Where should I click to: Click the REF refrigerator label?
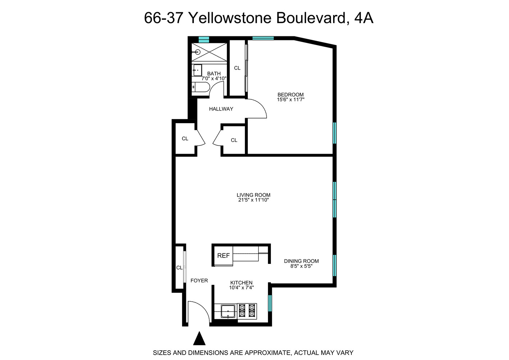pyautogui.click(x=223, y=256)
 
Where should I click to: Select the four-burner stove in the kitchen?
pyautogui.click(x=247, y=311)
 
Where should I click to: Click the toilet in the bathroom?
pyautogui.click(x=200, y=87)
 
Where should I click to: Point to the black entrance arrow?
pyautogui.click(x=199, y=339)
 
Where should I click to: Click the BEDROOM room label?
pyautogui.click(x=290, y=95)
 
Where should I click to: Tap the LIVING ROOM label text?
pyautogui.click(x=253, y=195)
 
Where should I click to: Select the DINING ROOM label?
pyautogui.click(x=301, y=261)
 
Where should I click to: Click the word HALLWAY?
pyautogui.click(x=221, y=109)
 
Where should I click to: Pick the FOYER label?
pyautogui.click(x=199, y=280)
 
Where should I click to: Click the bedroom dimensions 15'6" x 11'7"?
pyautogui.click(x=290, y=100)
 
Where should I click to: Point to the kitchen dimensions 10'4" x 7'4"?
pyautogui.click(x=241, y=288)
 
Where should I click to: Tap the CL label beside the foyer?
pyautogui.click(x=179, y=268)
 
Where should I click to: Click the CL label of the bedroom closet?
pyautogui.click(x=237, y=68)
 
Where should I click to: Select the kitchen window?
pyautogui.click(x=270, y=303)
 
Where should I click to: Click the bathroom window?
pyautogui.click(x=204, y=39)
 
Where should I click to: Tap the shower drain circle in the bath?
pyautogui.click(x=197, y=52)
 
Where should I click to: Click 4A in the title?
pyautogui.click(x=364, y=18)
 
